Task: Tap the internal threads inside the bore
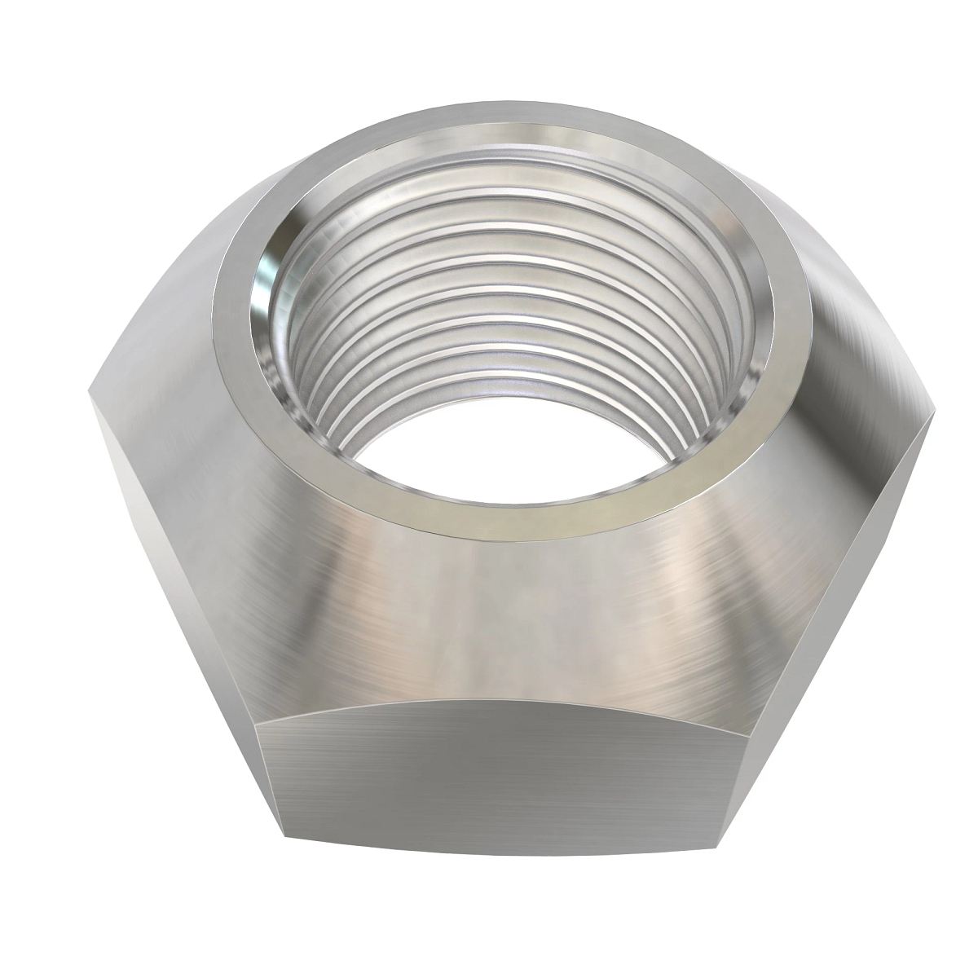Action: [522, 310]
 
